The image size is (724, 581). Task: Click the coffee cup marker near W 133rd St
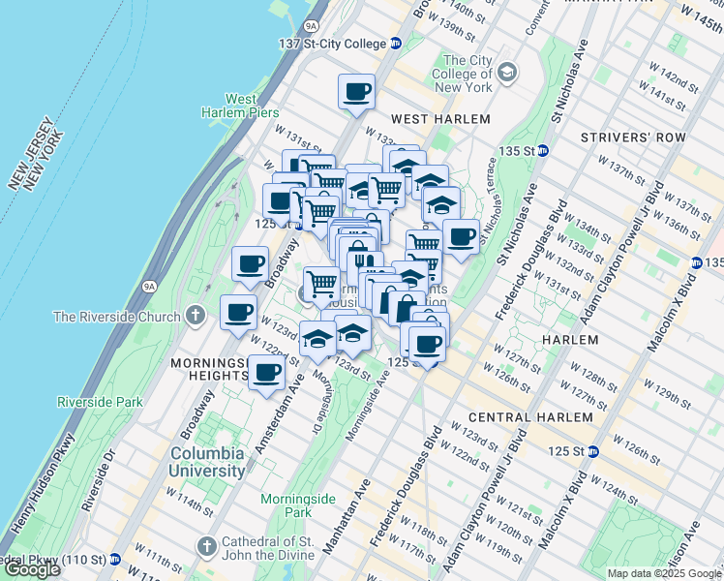[356, 92]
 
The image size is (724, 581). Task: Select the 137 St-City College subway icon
[396, 44]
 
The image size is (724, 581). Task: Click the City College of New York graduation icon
[508, 73]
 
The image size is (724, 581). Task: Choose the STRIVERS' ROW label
[633, 138]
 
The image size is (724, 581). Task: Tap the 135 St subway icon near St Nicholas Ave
[543, 150]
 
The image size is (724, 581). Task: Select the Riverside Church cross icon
[196, 316]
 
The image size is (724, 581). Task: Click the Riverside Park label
[100, 402]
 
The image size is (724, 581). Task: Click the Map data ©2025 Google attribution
[663, 573]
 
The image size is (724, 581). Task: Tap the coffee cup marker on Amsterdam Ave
[267, 372]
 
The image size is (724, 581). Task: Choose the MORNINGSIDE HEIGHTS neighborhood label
[204, 368]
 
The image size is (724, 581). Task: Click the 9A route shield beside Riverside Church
[148, 286]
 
